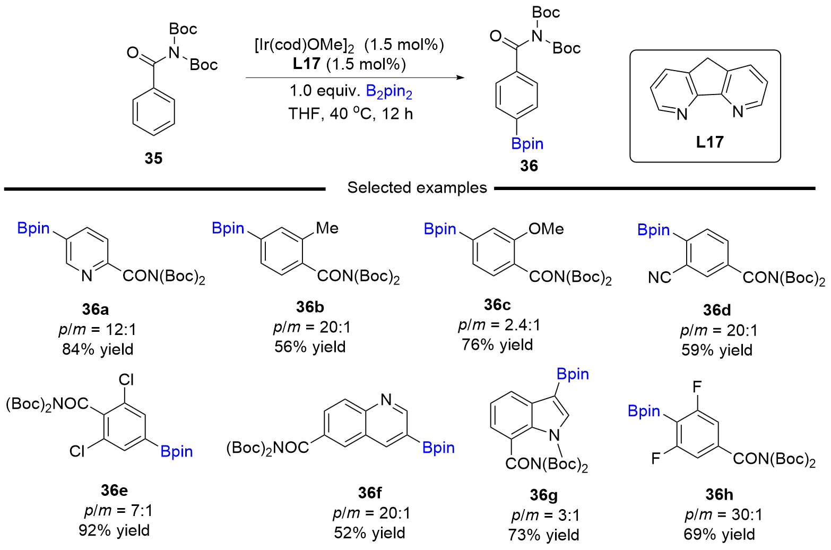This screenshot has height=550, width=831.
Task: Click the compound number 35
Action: point(153,158)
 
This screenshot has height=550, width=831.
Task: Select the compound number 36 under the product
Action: point(529,166)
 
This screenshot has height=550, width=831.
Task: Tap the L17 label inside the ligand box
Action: point(709,142)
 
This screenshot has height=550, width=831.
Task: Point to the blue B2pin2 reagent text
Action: point(389,92)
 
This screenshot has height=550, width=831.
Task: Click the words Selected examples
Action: point(417,187)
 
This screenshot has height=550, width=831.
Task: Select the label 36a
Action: point(96,310)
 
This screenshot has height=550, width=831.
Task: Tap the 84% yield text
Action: point(98,349)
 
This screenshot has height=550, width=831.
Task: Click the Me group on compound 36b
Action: point(327,228)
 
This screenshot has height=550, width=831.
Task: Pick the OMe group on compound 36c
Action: point(546,229)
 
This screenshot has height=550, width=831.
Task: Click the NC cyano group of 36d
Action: point(660,277)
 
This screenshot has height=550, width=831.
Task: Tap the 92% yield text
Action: point(114,530)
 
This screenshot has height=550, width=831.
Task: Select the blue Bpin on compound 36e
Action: point(177,452)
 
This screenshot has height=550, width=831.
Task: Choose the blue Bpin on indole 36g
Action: point(573,374)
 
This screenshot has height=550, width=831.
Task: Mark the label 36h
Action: point(719,494)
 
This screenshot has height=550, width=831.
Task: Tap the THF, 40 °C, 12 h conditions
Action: point(351,114)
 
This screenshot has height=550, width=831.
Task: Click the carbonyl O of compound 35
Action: point(133,53)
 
